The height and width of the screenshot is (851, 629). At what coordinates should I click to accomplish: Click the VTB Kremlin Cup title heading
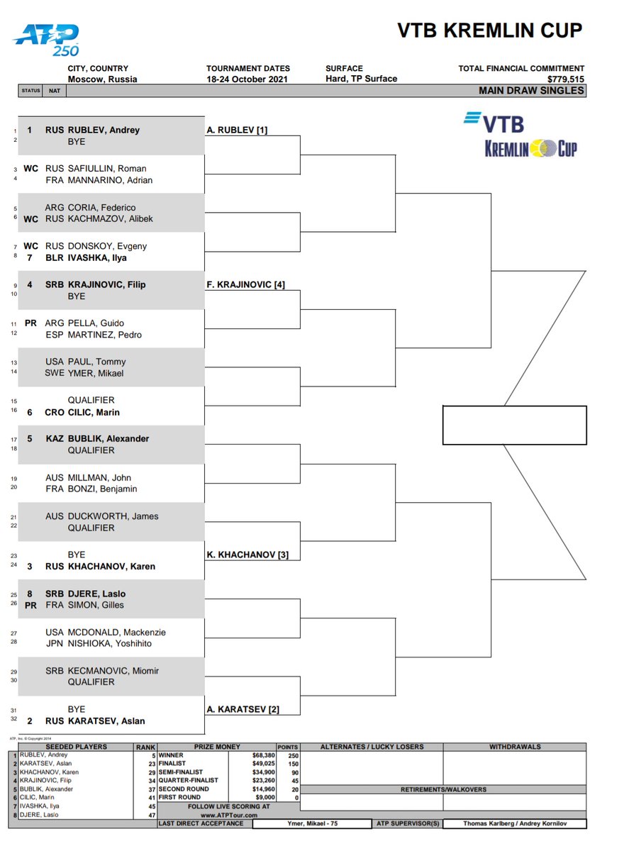tap(489, 30)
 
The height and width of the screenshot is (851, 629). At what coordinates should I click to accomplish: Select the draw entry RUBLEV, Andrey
tap(104, 130)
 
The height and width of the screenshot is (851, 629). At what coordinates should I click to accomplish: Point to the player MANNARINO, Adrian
tap(110, 180)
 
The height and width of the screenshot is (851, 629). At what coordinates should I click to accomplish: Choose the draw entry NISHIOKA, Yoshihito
tap(109, 643)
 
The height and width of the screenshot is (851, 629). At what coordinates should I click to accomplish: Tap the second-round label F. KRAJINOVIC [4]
tap(245, 284)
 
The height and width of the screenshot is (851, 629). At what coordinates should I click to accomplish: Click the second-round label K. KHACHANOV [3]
tap(247, 554)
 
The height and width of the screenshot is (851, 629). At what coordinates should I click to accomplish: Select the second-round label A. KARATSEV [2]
tap(243, 709)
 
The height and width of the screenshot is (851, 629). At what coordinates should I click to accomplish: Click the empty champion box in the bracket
tap(514, 425)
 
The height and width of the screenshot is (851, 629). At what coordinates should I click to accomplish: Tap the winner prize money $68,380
tap(260, 755)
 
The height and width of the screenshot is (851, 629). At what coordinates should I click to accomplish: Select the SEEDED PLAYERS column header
tap(76, 747)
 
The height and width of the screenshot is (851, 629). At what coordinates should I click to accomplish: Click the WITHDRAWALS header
tap(515, 747)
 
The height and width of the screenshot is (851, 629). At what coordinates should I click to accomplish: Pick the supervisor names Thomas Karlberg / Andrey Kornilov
tap(515, 823)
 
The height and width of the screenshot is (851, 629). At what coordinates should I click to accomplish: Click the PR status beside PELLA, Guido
tap(30, 323)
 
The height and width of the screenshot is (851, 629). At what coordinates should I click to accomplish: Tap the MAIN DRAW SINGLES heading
tap(531, 90)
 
